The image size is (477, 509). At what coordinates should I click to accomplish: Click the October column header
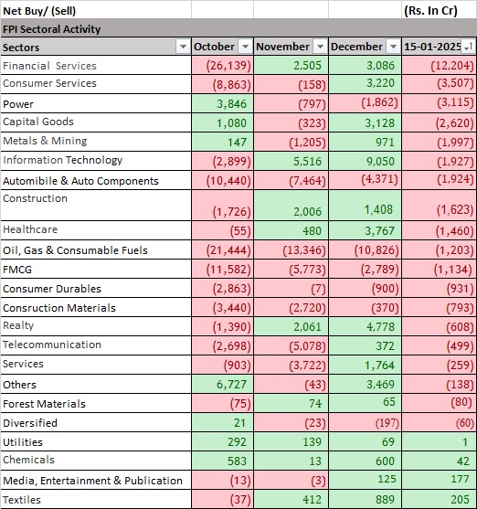click(x=214, y=47)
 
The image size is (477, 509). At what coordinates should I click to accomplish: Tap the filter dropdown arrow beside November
click(x=318, y=47)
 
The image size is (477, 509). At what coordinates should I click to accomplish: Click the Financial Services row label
click(x=49, y=66)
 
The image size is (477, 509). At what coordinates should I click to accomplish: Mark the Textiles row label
click(x=23, y=500)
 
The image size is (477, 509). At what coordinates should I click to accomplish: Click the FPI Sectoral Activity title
click(x=52, y=29)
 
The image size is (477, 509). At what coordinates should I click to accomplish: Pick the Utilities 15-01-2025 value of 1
click(x=466, y=442)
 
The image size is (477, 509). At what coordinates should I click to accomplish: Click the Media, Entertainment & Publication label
click(x=92, y=481)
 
